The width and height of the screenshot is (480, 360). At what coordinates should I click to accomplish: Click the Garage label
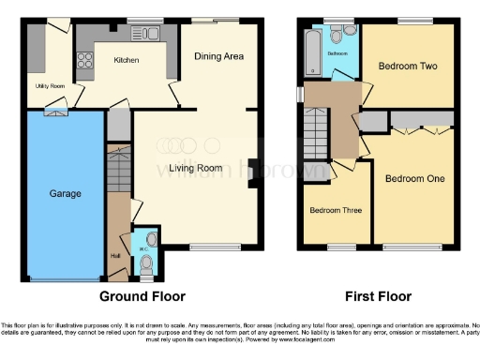[66, 194]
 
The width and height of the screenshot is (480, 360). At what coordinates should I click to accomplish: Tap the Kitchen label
[127, 60]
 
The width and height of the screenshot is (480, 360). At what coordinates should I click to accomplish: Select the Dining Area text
[218, 56]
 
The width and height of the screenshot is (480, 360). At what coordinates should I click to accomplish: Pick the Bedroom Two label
[409, 67]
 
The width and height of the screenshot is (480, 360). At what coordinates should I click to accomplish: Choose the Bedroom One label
[414, 178]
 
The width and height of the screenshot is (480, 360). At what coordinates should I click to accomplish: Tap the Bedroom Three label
[336, 210]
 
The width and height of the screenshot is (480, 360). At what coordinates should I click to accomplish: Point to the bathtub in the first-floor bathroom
[312, 46]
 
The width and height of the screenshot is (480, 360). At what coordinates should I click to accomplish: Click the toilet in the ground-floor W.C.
[145, 264]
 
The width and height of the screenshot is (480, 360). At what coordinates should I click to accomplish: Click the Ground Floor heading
[137, 296]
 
